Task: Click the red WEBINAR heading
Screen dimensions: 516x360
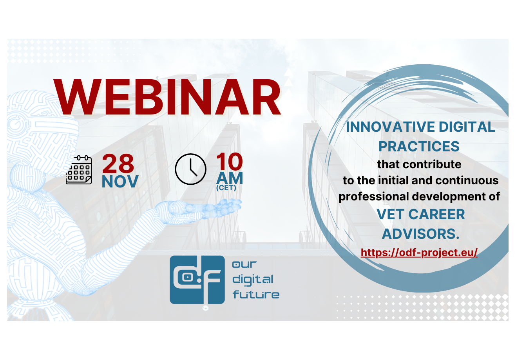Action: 167,97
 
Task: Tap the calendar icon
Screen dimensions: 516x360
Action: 79,170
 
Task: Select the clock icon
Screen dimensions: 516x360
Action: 190,169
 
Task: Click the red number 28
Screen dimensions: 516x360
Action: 118,164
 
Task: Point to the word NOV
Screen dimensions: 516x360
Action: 120,182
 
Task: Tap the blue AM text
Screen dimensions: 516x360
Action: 230,178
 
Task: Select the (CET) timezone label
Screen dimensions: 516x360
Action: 226,188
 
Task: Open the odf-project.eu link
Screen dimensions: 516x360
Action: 419,253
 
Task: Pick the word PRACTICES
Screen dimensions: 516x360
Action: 419,146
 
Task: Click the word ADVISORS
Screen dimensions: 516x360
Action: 421,234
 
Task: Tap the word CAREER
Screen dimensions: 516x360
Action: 436,214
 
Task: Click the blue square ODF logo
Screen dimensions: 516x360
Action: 197,280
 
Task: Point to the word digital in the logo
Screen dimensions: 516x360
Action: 253,280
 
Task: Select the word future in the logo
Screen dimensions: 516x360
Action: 256,294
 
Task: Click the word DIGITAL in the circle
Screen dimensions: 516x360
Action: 467,127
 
